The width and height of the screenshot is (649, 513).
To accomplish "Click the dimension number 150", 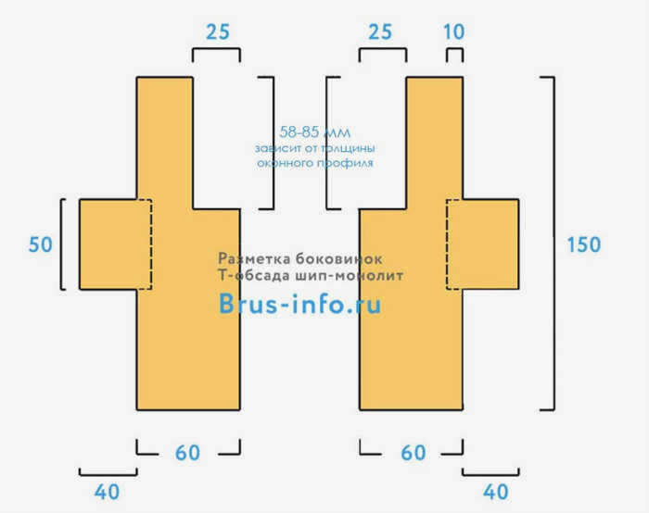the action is [x=583, y=244].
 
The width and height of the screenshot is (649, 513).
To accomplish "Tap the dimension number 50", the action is [x=41, y=244].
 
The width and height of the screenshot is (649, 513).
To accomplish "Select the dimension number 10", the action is [x=453, y=31].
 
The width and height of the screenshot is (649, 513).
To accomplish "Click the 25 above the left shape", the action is [x=218, y=31].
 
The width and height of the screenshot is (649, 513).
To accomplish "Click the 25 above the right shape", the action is [x=380, y=31].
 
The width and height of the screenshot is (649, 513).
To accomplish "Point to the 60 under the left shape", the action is [x=187, y=453].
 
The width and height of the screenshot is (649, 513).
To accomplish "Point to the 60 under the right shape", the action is [x=414, y=453].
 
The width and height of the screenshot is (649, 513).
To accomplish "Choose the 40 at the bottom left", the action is [x=107, y=492].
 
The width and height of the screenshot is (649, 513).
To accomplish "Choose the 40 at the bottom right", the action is [x=495, y=492].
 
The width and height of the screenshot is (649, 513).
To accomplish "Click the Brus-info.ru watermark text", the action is [x=299, y=304].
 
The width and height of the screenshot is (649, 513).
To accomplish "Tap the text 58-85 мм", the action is [x=315, y=132].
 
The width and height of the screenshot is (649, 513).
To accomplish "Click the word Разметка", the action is [x=255, y=258].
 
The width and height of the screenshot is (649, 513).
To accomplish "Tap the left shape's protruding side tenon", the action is [x=108, y=244].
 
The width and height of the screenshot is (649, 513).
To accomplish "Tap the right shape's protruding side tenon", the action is [x=490, y=244].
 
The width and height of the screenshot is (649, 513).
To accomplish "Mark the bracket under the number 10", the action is [x=454, y=50].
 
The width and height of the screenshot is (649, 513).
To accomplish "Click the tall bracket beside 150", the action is [x=554, y=244].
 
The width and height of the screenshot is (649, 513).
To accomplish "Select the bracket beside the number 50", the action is [x=62, y=244].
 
